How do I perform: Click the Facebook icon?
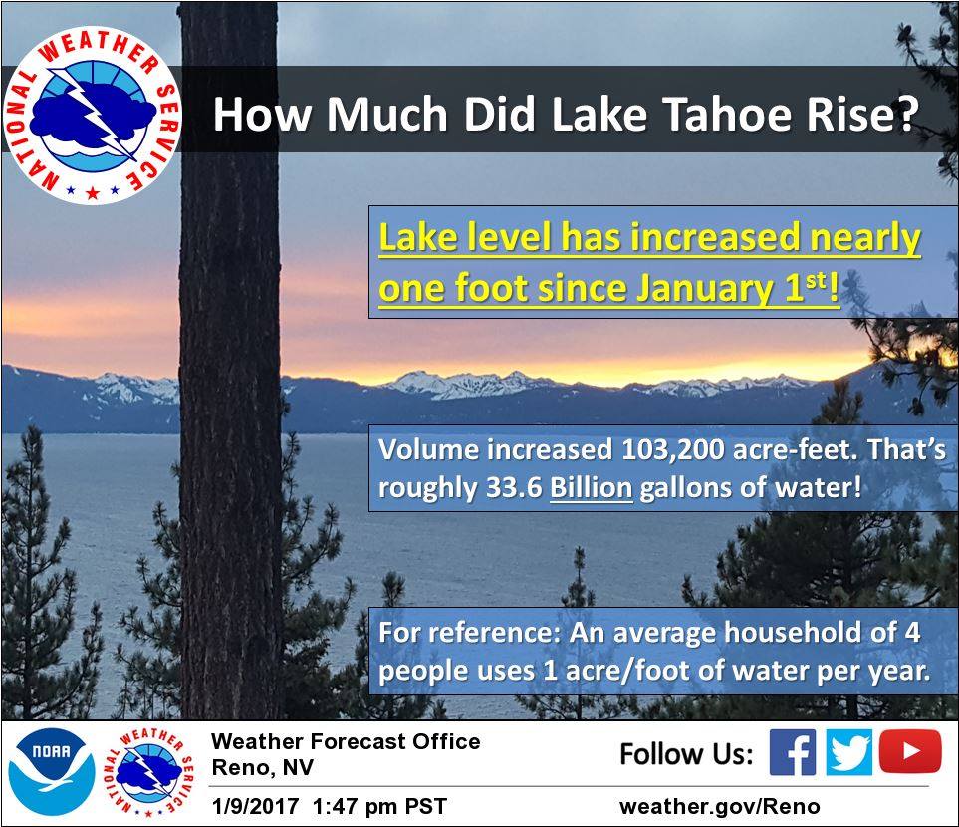coord(792,752)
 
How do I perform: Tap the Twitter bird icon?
coord(848,752)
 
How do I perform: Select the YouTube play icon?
coord(910,751)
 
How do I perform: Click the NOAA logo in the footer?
coord(52,772)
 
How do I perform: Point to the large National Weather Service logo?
coord(93,115)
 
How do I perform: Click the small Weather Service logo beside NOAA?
coord(149,772)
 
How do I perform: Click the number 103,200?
coord(673,450)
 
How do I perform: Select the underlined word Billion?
coord(591,488)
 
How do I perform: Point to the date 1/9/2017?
coord(254,805)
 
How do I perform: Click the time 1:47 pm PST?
coord(379,805)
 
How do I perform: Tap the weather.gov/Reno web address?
coord(719,806)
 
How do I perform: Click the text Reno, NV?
coord(262,767)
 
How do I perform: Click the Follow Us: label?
coord(686,753)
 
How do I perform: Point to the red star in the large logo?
coord(93,193)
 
